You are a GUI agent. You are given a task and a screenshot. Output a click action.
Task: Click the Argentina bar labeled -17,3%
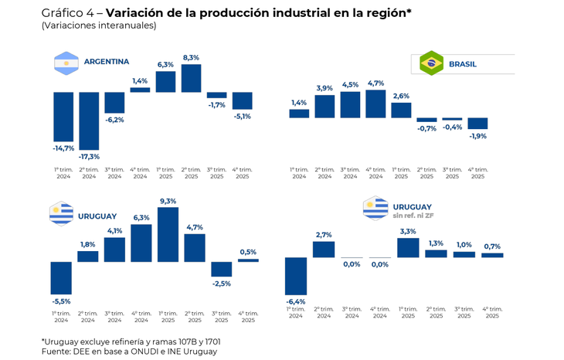(89, 121)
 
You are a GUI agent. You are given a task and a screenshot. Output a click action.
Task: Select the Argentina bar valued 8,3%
(191, 78)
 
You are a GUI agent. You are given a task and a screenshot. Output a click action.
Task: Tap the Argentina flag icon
(66, 62)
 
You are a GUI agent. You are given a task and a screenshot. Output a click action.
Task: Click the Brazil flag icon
(430, 64)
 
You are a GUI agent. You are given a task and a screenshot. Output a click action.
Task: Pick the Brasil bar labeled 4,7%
(375, 104)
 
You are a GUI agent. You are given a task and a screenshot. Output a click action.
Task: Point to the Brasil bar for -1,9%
(477, 123)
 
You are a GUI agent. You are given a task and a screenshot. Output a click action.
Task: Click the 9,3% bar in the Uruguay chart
(168, 234)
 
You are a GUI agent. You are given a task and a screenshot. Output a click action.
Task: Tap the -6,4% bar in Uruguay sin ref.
(296, 276)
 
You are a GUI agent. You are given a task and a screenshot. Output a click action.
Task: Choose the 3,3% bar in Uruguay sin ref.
(407, 247)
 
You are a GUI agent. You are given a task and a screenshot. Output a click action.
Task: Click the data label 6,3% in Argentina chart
(165, 64)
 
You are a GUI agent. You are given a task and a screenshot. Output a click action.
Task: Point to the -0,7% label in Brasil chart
(426, 129)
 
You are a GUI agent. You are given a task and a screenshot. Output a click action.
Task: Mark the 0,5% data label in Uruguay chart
(248, 252)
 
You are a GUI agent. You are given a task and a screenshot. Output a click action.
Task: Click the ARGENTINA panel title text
(106, 62)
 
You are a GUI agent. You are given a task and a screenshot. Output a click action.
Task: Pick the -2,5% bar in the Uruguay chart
(221, 269)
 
